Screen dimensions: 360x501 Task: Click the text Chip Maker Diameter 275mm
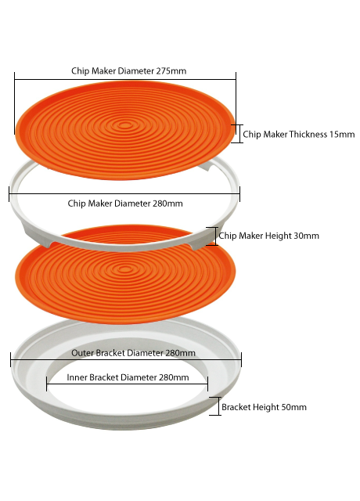pyautogui.click(x=128, y=71)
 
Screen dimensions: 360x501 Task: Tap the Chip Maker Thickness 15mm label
pyautogui.click(x=299, y=134)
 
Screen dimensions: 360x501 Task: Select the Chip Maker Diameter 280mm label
pyautogui.click(x=125, y=204)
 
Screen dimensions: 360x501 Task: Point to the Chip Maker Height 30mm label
pyautogui.click(x=268, y=236)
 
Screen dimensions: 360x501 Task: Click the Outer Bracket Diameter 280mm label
pyautogui.click(x=133, y=353)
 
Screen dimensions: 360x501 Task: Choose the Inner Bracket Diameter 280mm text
pyautogui.click(x=128, y=377)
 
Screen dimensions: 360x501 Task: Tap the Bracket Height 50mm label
pyautogui.click(x=264, y=407)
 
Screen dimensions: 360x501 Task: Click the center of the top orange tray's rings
pyautogui.click(x=125, y=125)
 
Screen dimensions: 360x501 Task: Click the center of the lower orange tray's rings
pyautogui.click(x=125, y=269)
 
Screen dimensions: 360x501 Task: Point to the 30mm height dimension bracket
pyautogui.click(x=212, y=236)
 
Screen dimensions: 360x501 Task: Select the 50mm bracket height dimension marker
pyautogui.click(x=215, y=406)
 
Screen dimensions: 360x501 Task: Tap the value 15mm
pyautogui.click(x=342, y=134)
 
